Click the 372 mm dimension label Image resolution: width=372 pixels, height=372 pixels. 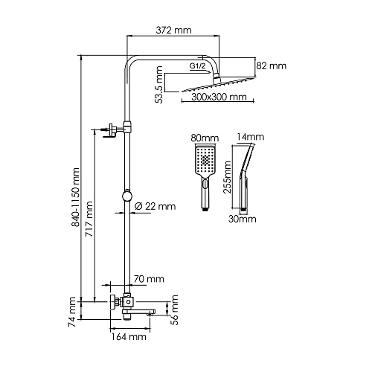click(x=173, y=31)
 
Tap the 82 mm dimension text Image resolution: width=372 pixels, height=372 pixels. click(x=272, y=66)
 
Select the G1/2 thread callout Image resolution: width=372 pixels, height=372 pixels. click(x=198, y=66)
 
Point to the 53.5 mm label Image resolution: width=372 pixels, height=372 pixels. click(x=158, y=85)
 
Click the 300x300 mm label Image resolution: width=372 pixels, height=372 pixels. click(x=219, y=97)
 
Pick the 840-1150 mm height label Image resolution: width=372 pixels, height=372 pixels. click(x=75, y=197)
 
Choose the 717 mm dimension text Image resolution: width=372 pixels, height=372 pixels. click(x=89, y=219)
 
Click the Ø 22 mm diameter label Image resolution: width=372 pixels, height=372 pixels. click(x=155, y=206)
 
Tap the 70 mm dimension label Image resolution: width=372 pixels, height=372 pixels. click(x=149, y=279)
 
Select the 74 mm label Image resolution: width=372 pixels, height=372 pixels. click(x=72, y=312)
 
